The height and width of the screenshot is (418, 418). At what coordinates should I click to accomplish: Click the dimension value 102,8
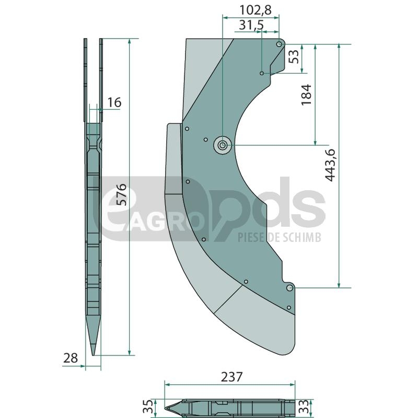point(256,10)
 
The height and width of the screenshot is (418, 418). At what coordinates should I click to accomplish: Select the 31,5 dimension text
point(251,25)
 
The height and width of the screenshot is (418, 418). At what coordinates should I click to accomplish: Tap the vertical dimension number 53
point(294,57)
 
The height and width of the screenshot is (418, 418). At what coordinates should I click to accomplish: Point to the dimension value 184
point(306,95)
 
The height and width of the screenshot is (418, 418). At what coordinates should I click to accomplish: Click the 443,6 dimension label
point(330,165)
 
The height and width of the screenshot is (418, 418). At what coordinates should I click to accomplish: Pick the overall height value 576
point(122,194)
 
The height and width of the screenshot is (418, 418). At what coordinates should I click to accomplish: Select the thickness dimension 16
point(114,102)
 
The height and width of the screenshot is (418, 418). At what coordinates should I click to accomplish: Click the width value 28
point(71,358)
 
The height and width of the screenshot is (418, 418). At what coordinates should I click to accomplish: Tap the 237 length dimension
point(231,377)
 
